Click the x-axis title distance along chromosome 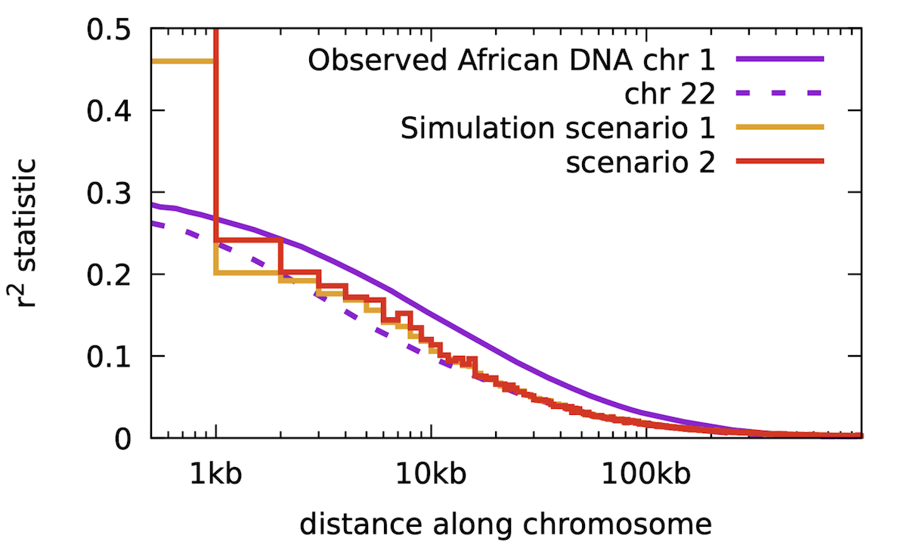click(x=506, y=524)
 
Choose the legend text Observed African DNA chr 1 click(x=511, y=60)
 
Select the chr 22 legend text click(x=670, y=94)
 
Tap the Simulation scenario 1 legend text click(x=558, y=128)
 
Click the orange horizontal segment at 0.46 click(x=184, y=60)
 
